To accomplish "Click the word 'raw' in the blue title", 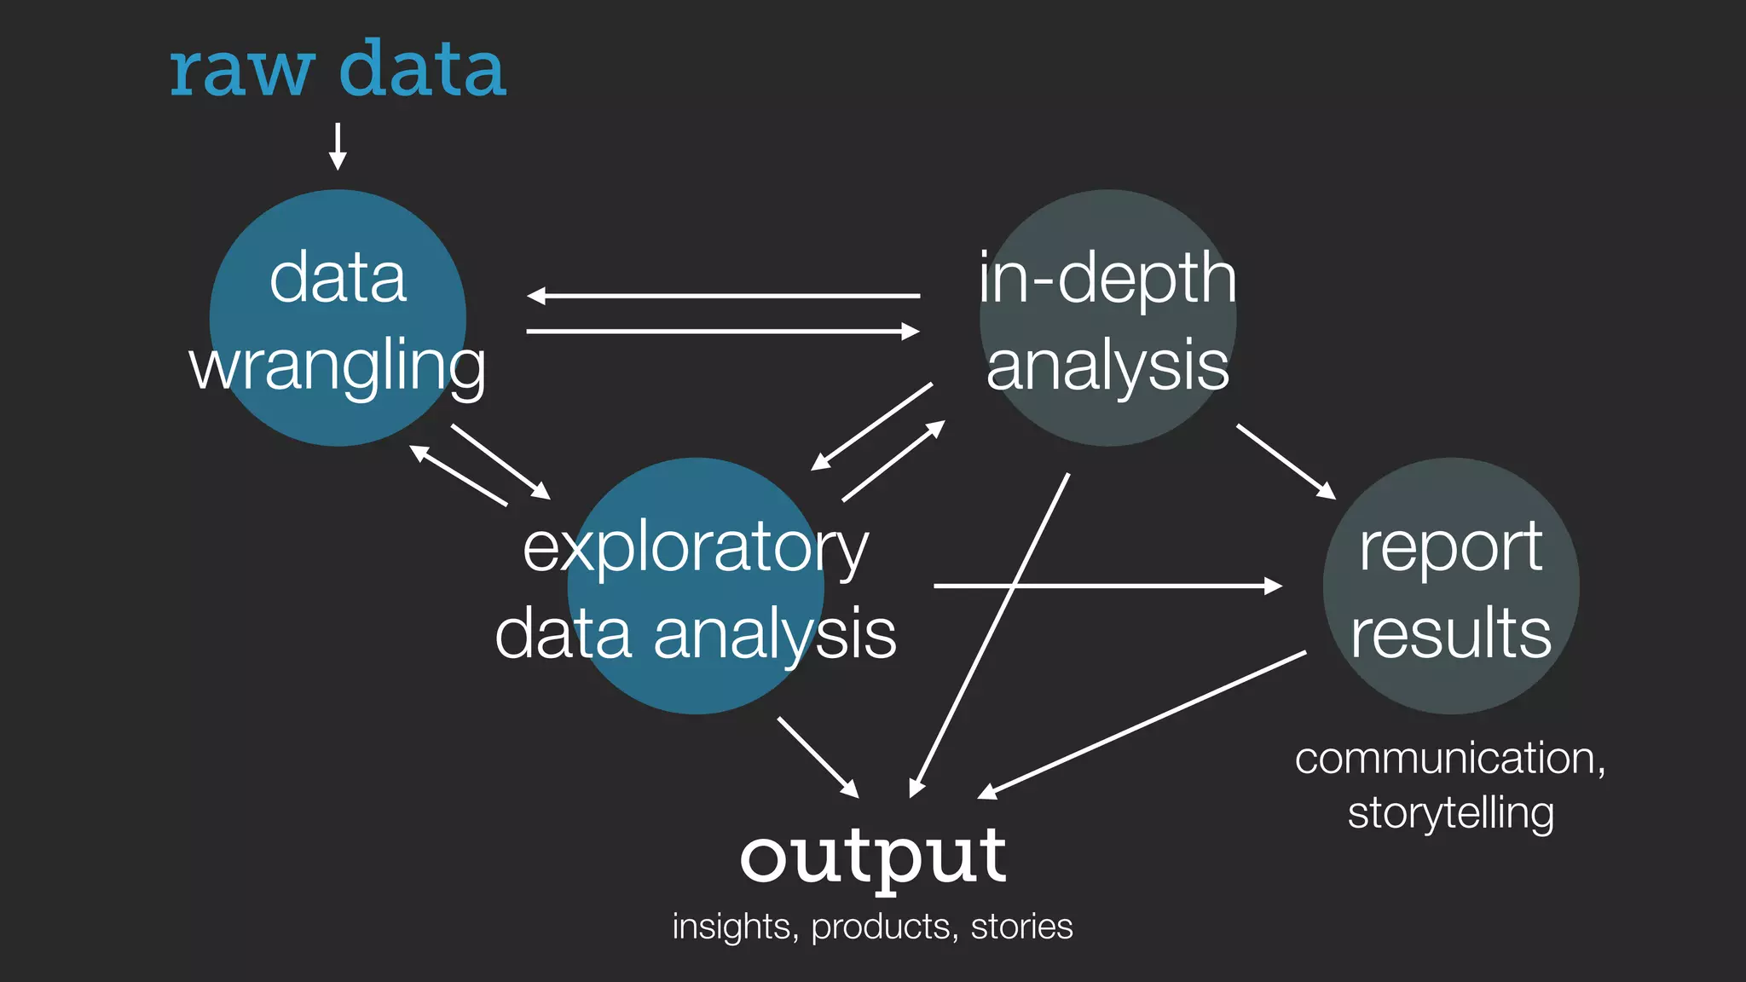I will coord(241,70).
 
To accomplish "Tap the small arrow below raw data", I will coord(338,147).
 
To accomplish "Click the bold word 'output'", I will coord(872,857).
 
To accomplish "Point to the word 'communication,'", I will coord(1449,758).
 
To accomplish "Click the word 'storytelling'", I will coord(1450,812).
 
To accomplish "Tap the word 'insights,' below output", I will coord(735,927).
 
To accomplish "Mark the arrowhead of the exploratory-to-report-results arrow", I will coord(1274,586).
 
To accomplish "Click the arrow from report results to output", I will coord(1142,725).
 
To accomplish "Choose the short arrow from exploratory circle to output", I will coord(818,757).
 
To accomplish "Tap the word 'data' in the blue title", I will coord(422,70).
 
